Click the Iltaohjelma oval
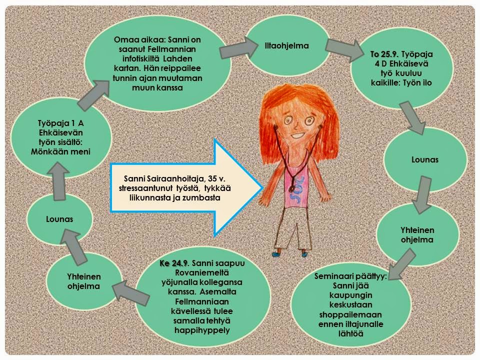click(x=286, y=46)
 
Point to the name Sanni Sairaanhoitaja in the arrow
click(x=159, y=178)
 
